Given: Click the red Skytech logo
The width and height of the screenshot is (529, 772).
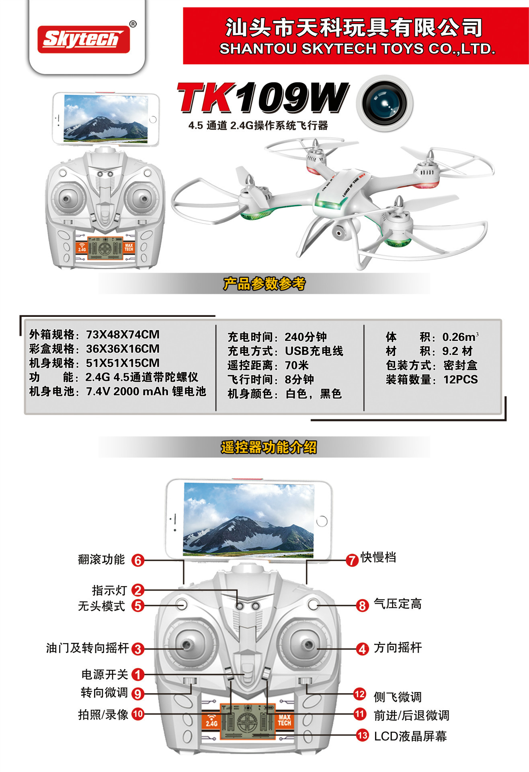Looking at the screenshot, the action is coord(84,39).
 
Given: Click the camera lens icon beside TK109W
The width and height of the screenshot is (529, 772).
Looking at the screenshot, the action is coord(385,103).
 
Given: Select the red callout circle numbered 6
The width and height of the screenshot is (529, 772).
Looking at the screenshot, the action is coord(138,560).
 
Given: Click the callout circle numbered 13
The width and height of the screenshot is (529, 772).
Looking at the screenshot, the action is coord(362,735).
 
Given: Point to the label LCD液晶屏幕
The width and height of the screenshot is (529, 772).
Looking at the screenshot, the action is coord(410,736).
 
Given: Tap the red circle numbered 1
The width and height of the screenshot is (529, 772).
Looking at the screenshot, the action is coord(138,674).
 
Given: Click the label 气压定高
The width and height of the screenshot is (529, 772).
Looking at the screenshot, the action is coord(398,604).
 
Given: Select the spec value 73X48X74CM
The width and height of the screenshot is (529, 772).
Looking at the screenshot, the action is coord(123,335).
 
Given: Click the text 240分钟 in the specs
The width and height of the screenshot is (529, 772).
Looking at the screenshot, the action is coord(306,337).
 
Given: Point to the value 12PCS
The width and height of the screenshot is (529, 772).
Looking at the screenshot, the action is coord(460,380).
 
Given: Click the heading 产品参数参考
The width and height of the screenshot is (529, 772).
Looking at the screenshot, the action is coord(264,284).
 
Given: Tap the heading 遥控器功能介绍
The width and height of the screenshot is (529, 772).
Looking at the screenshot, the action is coord(269,447).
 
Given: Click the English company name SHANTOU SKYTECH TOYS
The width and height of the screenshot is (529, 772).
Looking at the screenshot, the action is coord(357,49).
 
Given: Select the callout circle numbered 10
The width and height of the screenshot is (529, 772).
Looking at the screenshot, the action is coord(138,714).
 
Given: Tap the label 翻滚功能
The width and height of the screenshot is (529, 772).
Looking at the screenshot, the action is coord(101,559).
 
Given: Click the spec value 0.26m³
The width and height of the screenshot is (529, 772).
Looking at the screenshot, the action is coord(460,337).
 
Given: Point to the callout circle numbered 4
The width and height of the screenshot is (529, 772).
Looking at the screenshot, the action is coord(362,649).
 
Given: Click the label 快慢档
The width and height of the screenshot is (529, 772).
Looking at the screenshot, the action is coord(378,557).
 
